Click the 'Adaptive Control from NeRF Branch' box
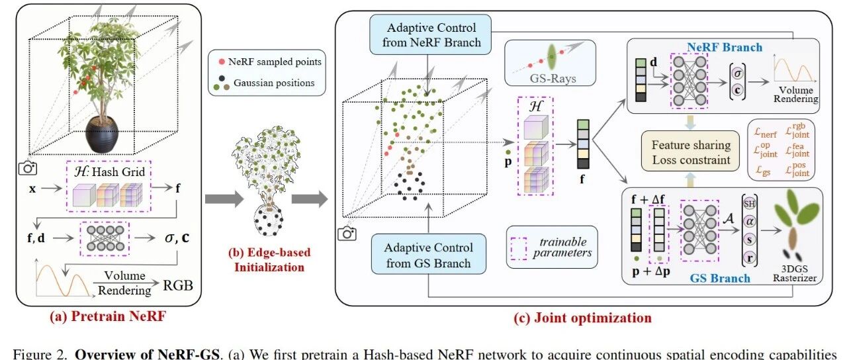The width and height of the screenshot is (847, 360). pyautogui.click(x=430, y=35)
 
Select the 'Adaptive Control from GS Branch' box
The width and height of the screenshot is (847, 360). pyautogui.click(x=428, y=254)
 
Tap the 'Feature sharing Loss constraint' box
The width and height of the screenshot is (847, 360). pyautogui.click(x=690, y=152)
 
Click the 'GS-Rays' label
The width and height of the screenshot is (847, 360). pyautogui.click(x=553, y=79)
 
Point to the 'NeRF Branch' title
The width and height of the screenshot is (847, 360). pyautogui.click(x=724, y=47)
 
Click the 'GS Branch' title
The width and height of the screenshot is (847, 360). pyautogui.click(x=719, y=279)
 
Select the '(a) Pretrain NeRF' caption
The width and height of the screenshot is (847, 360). pyautogui.click(x=108, y=316)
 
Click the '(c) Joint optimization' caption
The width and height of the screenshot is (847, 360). pyautogui.click(x=582, y=318)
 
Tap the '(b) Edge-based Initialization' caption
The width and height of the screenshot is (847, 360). pyautogui.click(x=269, y=260)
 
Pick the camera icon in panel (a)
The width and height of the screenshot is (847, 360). pyautogui.click(x=28, y=168)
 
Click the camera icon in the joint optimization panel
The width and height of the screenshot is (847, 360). pyautogui.click(x=347, y=234)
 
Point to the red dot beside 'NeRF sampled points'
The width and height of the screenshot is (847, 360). pyautogui.click(x=222, y=62)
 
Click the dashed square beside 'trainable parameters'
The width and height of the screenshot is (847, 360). pyautogui.click(x=518, y=248)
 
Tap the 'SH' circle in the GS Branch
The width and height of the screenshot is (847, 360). pyautogui.click(x=749, y=204)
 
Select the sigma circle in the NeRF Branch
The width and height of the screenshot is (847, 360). pyautogui.click(x=737, y=73)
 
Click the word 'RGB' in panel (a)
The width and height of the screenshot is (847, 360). pyautogui.click(x=178, y=285)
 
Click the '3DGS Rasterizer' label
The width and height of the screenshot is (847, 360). pyautogui.click(x=795, y=273)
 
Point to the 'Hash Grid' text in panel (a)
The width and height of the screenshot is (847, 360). pyautogui.click(x=118, y=172)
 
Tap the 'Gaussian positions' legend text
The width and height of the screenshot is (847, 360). pyautogui.click(x=274, y=83)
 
